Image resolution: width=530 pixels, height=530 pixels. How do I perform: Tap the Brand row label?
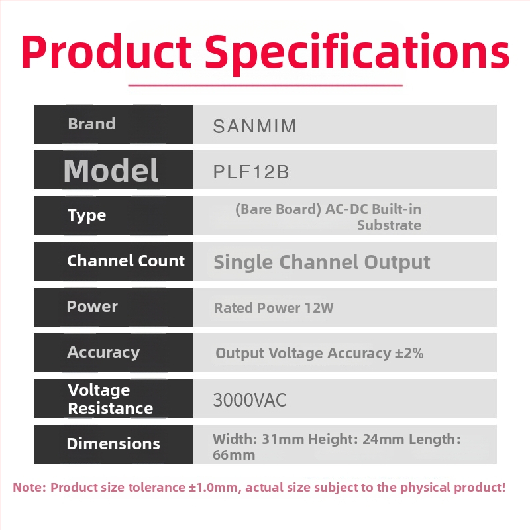91,124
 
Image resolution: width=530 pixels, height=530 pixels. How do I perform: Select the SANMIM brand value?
254,127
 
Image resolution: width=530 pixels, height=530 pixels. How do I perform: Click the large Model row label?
111,170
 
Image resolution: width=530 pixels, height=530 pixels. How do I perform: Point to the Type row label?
87,215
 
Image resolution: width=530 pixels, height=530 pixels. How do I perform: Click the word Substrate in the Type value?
389,225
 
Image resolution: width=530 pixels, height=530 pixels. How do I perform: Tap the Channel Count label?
126,261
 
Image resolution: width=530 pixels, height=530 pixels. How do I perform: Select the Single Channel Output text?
321,262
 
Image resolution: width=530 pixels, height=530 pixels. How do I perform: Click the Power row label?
92,307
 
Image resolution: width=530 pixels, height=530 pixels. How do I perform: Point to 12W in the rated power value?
320,308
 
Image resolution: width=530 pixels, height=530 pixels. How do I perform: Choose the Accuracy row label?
103,352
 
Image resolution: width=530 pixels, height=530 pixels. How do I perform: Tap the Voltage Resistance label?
110,399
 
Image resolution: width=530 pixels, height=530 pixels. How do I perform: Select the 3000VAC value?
249,400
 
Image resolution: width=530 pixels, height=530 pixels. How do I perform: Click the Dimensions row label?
113,444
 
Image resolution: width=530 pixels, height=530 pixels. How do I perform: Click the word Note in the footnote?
29,488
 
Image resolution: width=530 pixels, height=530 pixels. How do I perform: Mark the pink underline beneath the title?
265,85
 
